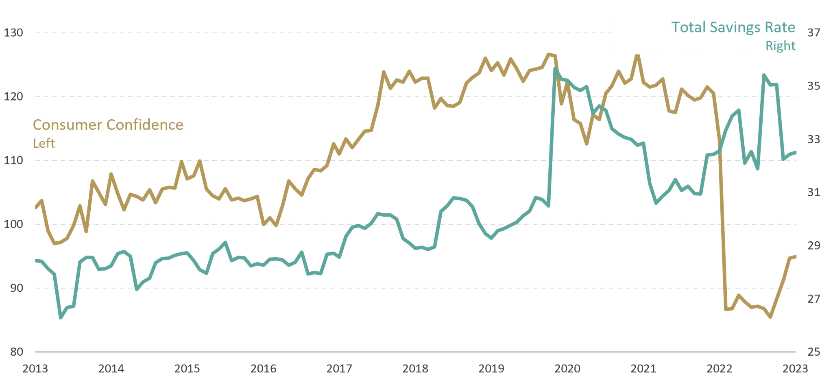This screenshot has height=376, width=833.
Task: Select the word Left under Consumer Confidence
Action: point(44,143)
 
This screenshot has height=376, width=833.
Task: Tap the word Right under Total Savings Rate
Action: point(780,46)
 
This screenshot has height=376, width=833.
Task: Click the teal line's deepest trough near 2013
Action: point(61,319)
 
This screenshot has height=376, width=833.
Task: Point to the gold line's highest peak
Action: point(637,56)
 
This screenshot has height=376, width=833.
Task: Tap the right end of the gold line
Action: point(795,257)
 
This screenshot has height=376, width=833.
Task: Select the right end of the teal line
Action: point(795,153)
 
